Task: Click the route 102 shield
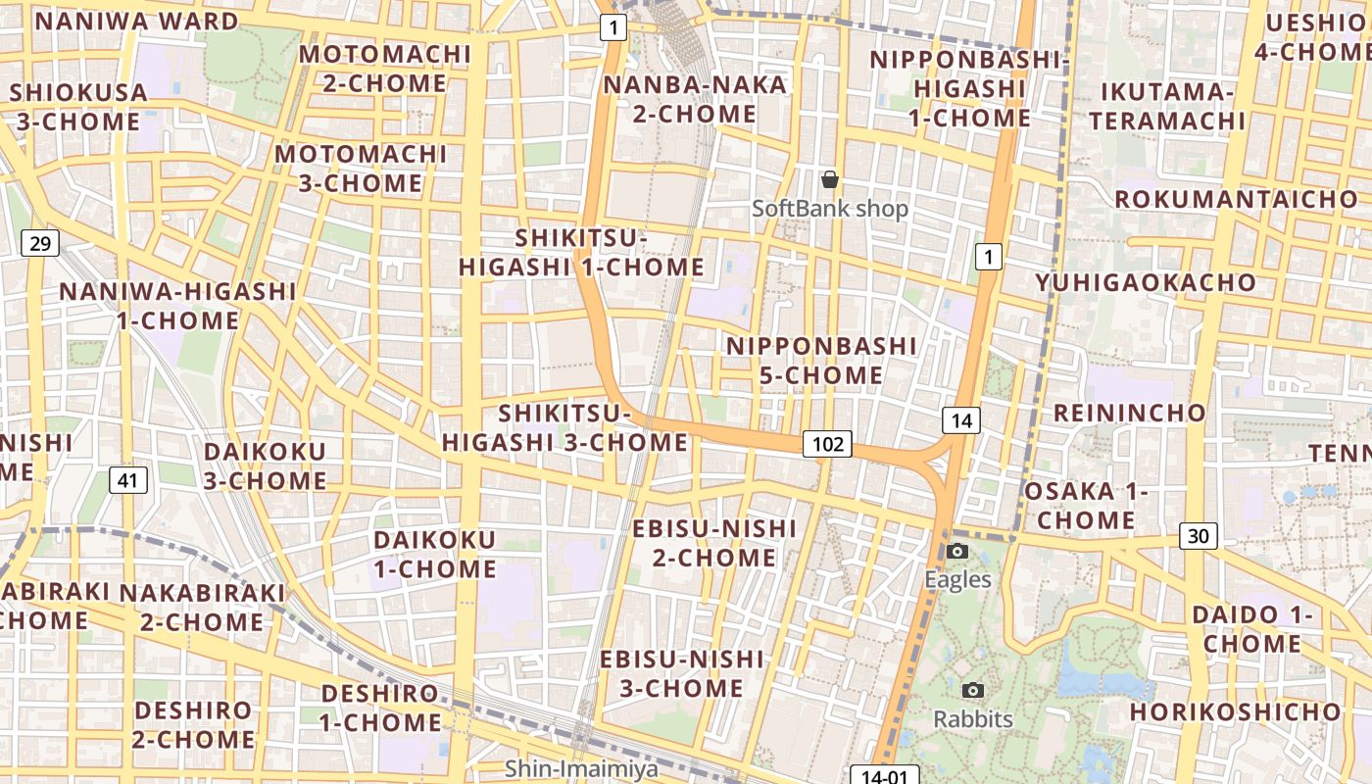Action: [828, 444]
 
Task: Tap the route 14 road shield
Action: [961, 420]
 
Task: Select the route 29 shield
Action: [40, 242]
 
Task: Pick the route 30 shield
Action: [1199, 535]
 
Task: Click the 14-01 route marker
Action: [883, 776]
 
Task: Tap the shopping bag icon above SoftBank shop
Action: [830, 179]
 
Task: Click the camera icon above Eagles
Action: [958, 552]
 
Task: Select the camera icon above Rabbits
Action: [973, 691]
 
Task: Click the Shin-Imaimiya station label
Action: [582, 768]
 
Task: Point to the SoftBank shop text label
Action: [830, 209]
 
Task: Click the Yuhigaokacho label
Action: [1146, 282]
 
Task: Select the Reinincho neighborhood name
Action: [1129, 412]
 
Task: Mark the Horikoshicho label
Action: [1235, 711]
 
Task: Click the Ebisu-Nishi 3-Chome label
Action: [681, 672]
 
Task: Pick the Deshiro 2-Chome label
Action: [193, 724]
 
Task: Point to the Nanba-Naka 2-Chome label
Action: [695, 99]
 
